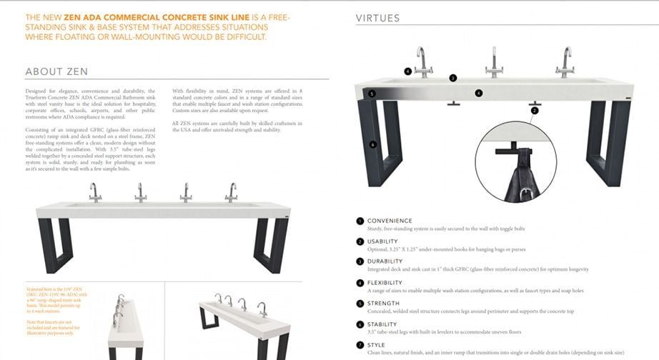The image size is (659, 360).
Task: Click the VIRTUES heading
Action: coord(378,18)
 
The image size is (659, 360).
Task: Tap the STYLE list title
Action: coord(377,344)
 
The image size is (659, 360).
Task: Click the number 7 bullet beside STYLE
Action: coord(360,344)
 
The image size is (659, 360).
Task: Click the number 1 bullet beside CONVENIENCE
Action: coord(360,221)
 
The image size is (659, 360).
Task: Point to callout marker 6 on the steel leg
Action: coord(373,144)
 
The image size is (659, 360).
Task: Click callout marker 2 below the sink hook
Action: coord(532,111)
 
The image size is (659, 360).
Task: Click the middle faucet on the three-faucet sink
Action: coord(494,63)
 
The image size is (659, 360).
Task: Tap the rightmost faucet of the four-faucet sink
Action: coord(232,192)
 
